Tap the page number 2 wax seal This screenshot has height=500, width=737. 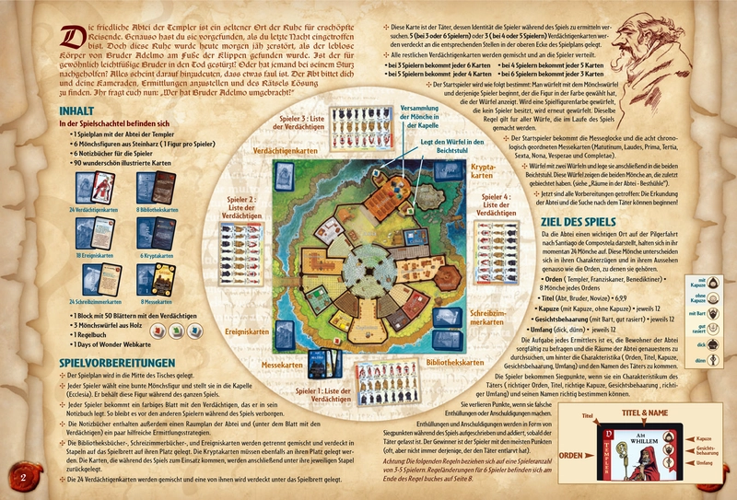[22, 477]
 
